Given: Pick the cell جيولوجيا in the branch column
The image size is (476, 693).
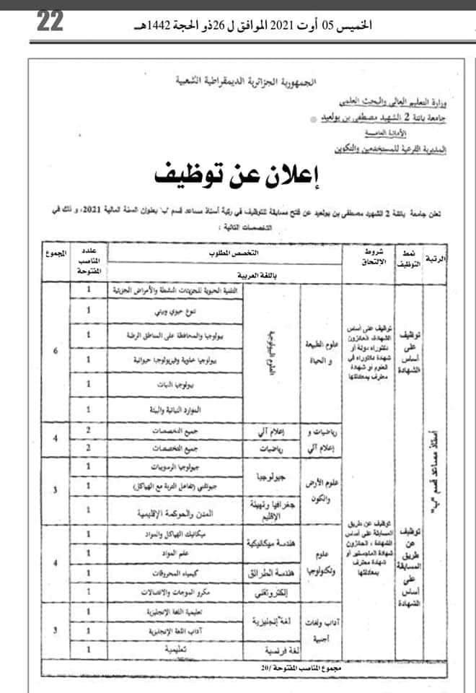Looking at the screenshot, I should pyautogui.click(x=260, y=476).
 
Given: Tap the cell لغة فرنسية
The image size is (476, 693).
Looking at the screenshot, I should pyautogui.click(x=262, y=649).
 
